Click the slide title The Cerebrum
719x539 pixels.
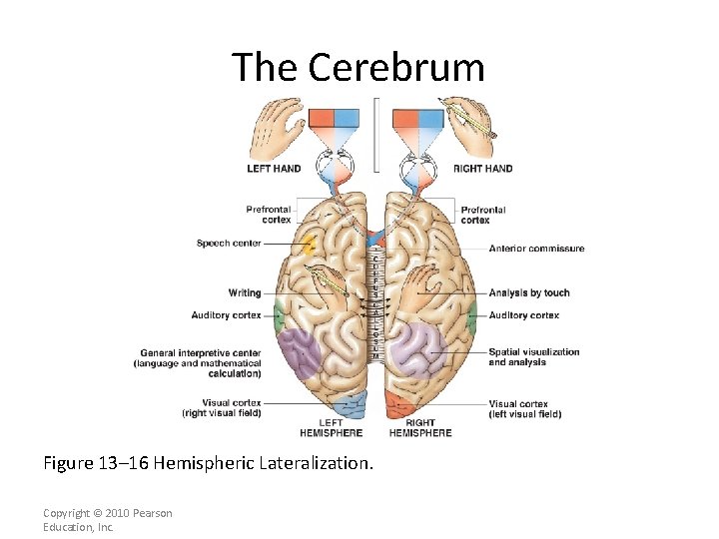click(x=359, y=67)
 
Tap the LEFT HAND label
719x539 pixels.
click(x=274, y=169)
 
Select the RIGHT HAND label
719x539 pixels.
click(x=482, y=169)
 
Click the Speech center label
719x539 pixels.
click(x=229, y=244)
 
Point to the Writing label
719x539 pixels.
click(x=245, y=293)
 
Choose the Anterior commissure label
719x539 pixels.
click(x=536, y=249)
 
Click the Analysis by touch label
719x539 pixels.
click(x=529, y=293)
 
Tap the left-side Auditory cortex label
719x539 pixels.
click(x=227, y=315)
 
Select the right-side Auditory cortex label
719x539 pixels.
click(x=523, y=315)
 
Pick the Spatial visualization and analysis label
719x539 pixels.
click(x=533, y=357)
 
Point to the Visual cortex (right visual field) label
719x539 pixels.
click(x=221, y=409)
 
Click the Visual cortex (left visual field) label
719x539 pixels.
click(x=524, y=409)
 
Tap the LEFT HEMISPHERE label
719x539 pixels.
click(x=331, y=428)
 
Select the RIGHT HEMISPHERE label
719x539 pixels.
click(x=420, y=428)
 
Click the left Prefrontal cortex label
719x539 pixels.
click(x=269, y=215)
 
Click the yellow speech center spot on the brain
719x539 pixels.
click(x=310, y=244)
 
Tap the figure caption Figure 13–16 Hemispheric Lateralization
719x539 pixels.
click(x=208, y=463)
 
